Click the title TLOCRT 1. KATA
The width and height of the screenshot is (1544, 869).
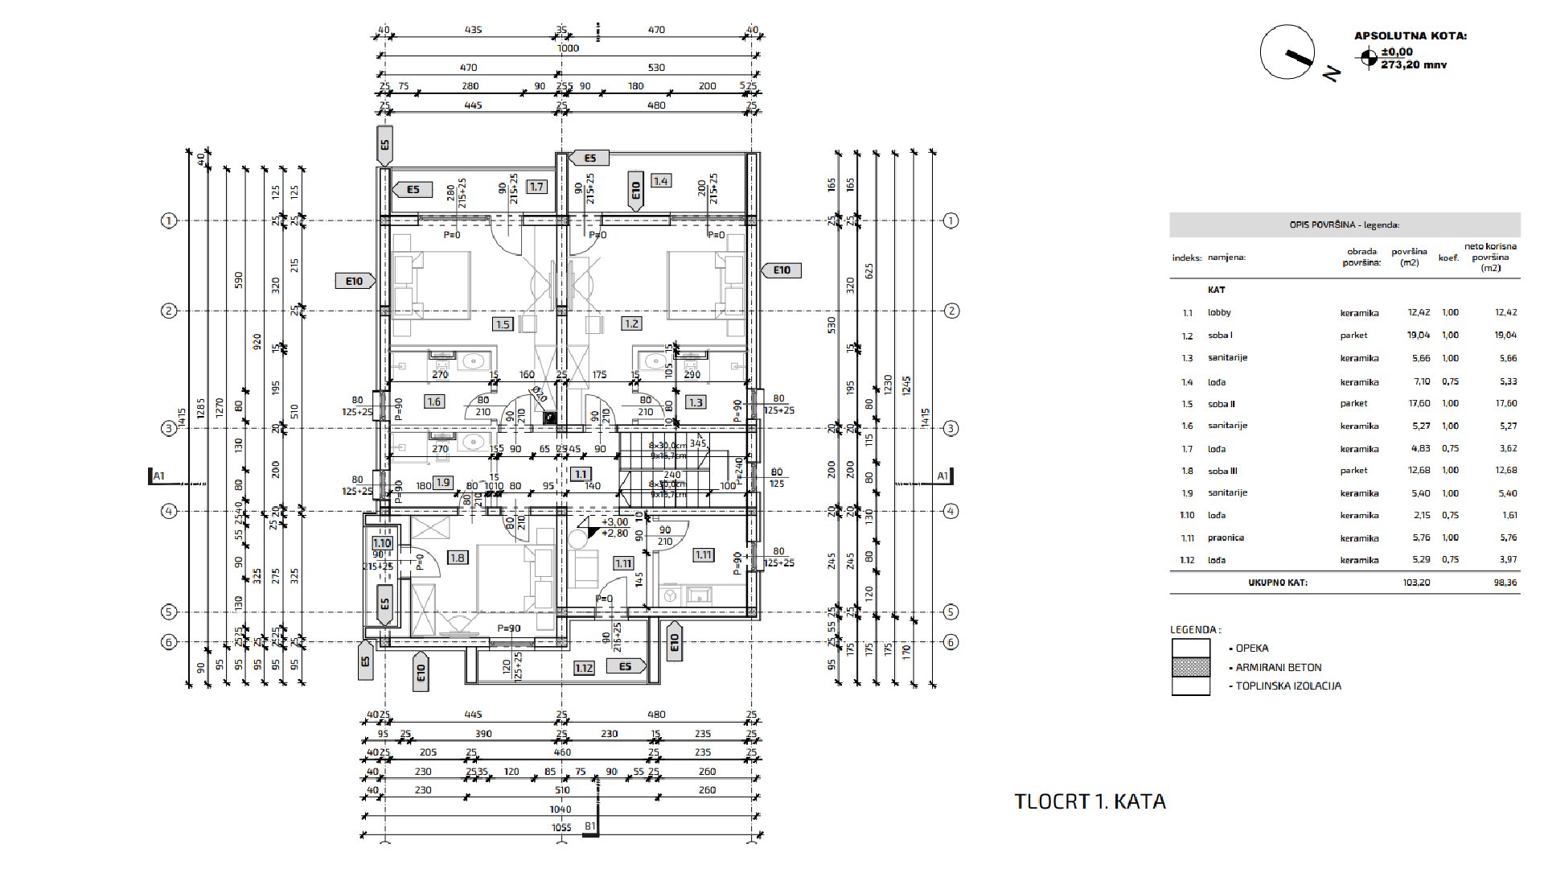click(1090, 801)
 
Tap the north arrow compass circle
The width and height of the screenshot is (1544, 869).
click(1287, 51)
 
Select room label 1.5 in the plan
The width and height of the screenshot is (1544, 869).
click(503, 324)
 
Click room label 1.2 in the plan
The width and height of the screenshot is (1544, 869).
click(631, 324)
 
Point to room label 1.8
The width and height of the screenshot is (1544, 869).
click(458, 558)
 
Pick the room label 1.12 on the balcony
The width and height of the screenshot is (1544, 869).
click(584, 667)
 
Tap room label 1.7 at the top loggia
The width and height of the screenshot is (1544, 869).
click(536, 187)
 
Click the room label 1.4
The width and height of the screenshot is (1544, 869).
click(660, 181)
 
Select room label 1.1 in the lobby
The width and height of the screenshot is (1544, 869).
click(581, 475)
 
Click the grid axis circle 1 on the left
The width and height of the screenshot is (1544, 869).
click(169, 220)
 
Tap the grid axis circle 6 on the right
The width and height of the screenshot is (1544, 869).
click(951, 642)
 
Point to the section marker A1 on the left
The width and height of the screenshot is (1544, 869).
click(158, 476)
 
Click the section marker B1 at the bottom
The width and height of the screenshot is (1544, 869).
click(590, 826)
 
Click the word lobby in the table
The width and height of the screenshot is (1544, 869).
click(1219, 313)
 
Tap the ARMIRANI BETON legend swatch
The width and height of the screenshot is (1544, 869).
click(1190, 667)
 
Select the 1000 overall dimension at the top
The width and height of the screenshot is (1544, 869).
click(568, 48)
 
